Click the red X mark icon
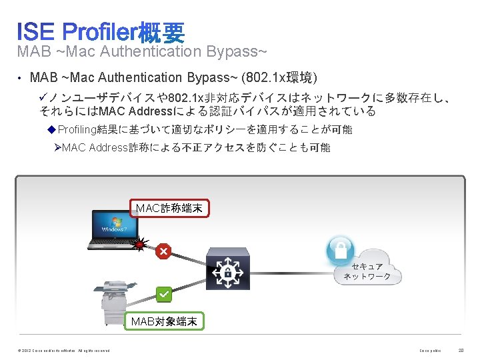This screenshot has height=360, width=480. [x=163, y=251]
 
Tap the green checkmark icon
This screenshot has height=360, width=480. [x=164, y=293]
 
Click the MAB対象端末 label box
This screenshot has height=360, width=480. [x=164, y=321]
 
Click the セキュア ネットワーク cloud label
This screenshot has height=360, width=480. [x=366, y=271]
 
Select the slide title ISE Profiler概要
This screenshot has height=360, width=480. [x=101, y=31]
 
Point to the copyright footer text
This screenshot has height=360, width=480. [x=60, y=351]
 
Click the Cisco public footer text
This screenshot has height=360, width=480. [x=430, y=351]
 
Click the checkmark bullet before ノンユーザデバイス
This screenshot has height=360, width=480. [x=45, y=98]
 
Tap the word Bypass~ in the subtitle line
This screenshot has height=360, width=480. [x=243, y=51]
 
